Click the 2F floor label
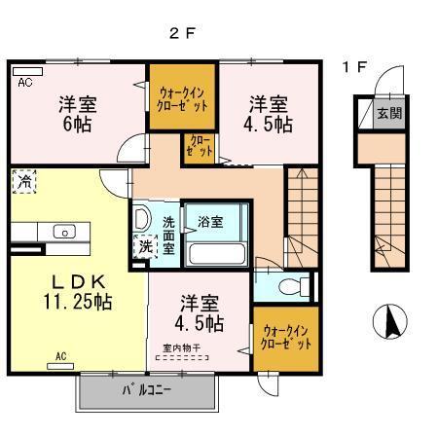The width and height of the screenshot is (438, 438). click(182, 32)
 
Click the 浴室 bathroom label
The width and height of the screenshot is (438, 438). click(211, 221)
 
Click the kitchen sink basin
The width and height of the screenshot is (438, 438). click(65, 232)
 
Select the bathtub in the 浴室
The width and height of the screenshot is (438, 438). click(216, 255)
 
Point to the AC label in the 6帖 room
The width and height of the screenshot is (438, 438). click(24, 83)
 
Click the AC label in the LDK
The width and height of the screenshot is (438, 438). click(60, 355)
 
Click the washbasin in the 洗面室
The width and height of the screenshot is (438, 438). click(142, 217)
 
